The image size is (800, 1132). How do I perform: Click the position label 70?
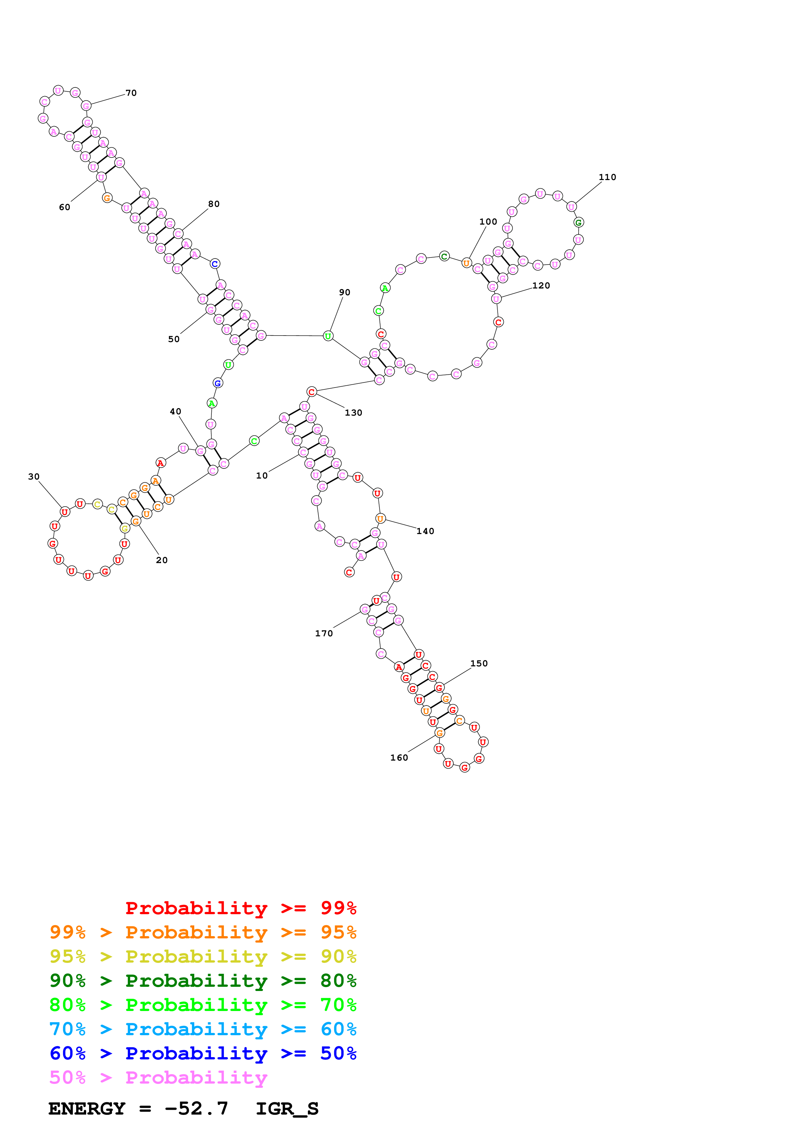(131, 93)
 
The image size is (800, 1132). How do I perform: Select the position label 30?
(34, 476)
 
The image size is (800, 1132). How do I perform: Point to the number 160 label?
(399, 757)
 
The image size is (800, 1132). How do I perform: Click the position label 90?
(345, 292)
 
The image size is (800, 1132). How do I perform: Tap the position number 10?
(262, 475)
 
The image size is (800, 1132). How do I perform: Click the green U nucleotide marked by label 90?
(328, 336)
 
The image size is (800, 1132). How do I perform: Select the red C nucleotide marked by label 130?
(311, 391)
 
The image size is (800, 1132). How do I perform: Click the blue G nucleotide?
(218, 383)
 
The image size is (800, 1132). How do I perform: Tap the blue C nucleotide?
(215, 264)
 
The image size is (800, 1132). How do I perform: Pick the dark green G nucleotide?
(579, 222)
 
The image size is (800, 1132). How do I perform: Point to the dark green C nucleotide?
(444, 256)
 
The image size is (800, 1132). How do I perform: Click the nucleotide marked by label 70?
(86, 106)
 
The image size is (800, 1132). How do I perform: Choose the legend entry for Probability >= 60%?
(203, 1029)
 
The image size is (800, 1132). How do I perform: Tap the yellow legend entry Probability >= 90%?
(203, 956)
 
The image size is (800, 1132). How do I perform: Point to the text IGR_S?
(287, 1108)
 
